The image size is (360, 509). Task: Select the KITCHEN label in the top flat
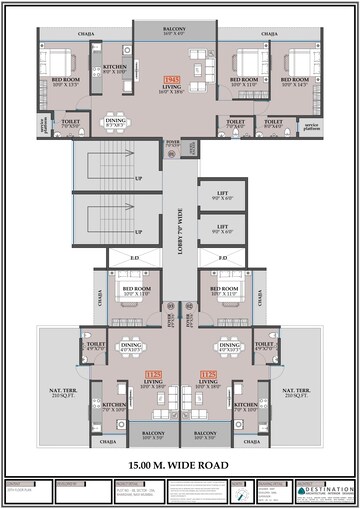pyautogui.click(x=115, y=67)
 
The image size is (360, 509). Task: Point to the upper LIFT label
pyautogui.click(x=223, y=196)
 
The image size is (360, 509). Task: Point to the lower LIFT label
pyautogui.click(x=223, y=226)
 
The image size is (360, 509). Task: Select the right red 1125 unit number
pyautogui.click(x=208, y=375)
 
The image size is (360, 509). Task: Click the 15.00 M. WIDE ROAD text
pyautogui.click(x=180, y=466)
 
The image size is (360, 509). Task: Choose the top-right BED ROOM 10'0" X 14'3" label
pyautogui.click(x=298, y=81)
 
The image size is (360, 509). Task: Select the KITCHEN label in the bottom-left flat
pyautogui.click(x=113, y=405)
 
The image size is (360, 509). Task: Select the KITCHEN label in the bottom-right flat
pyautogui.click(x=247, y=405)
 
